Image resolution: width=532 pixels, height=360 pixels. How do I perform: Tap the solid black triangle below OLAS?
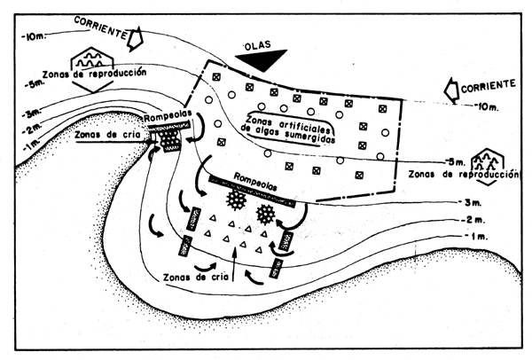tap(262, 59)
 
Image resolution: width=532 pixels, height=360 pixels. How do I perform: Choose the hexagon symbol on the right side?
tap(486, 160)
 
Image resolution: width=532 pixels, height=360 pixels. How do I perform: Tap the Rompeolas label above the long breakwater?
tap(256, 176)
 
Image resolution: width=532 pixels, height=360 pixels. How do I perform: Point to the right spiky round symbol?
tap(265, 215)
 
